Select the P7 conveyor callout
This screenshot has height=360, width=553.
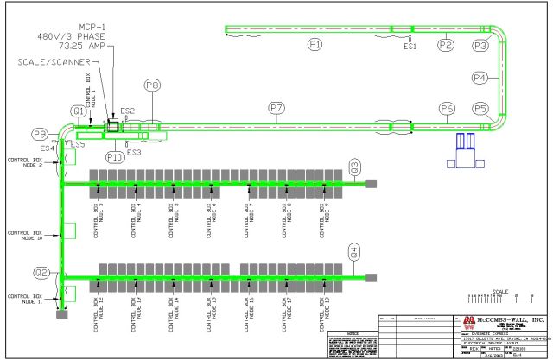276,108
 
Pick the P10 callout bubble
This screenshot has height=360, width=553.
115,157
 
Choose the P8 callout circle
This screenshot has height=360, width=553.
152,85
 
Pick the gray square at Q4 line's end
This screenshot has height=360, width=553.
372,277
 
